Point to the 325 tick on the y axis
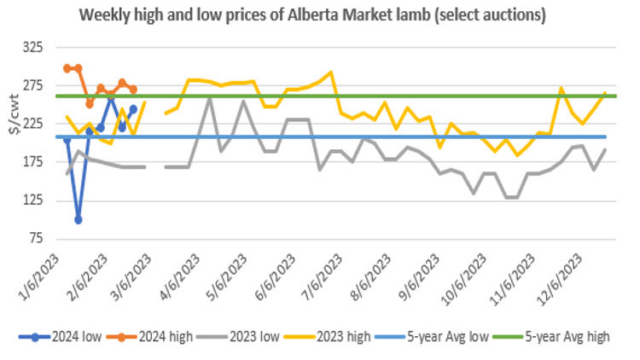click(43, 48)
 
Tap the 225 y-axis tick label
click(43, 124)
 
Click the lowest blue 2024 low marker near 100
click(79, 219)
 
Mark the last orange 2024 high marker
click(133, 89)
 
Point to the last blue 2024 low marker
click(133, 109)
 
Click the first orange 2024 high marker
click(67, 68)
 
